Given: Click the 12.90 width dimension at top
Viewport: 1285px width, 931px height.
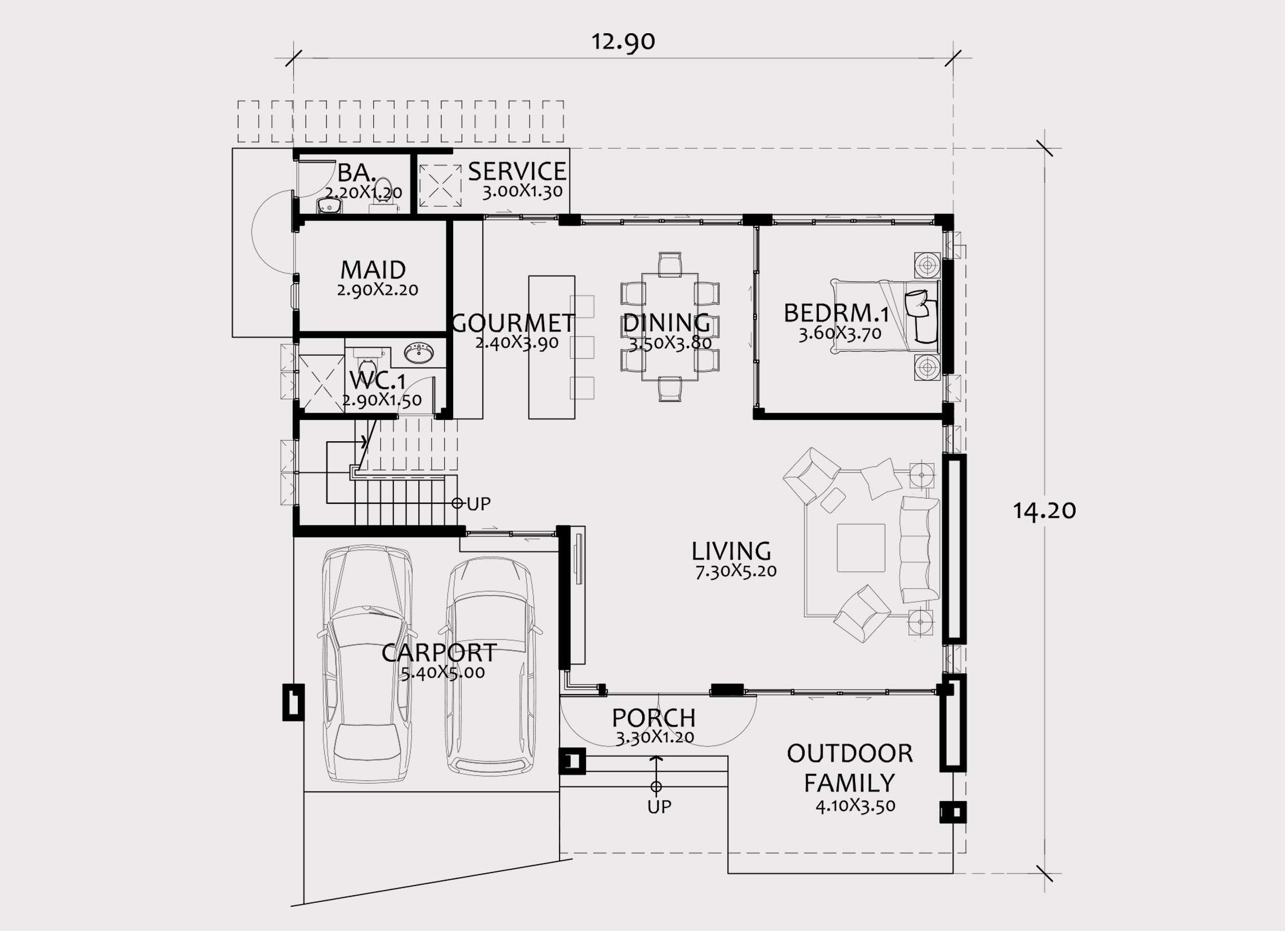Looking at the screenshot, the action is pyautogui.click(x=623, y=42).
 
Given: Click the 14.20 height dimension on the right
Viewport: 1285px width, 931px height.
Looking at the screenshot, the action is pyautogui.click(x=1044, y=511).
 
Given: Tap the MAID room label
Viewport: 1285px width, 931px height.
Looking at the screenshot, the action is pyautogui.click(x=373, y=270).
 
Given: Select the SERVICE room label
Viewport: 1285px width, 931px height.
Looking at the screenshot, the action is pyautogui.click(x=517, y=171).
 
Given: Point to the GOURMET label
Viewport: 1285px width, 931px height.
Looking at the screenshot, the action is pyautogui.click(x=513, y=323).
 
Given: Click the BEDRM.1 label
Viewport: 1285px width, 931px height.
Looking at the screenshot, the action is pyautogui.click(x=836, y=313).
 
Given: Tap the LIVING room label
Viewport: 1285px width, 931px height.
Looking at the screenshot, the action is pyautogui.click(x=731, y=552).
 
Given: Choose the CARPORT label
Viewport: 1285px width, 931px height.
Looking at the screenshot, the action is pyautogui.click(x=439, y=653).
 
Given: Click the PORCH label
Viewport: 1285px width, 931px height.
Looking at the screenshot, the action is pyautogui.click(x=653, y=718).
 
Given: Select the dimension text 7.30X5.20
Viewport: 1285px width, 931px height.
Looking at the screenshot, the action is pyautogui.click(x=736, y=571).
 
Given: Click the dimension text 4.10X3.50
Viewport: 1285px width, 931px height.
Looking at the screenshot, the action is pyautogui.click(x=856, y=806).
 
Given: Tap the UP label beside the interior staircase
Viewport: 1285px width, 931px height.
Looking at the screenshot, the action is pyautogui.click(x=479, y=503).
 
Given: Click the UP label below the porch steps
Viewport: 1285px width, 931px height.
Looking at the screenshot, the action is pyautogui.click(x=659, y=807).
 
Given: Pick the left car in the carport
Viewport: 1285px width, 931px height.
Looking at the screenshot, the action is pyautogui.click(x=367, y=664).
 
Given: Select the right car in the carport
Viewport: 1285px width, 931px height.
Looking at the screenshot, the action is pyautogui.click(x=491, y=666).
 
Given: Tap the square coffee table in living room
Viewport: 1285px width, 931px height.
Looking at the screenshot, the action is pyautogui.click(x=861, y=548).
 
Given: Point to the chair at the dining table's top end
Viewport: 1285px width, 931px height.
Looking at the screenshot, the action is pyautogui.click(x=670, y=265).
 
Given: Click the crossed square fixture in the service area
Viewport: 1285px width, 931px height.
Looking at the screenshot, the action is pyautogui.click(x=440, y=186).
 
